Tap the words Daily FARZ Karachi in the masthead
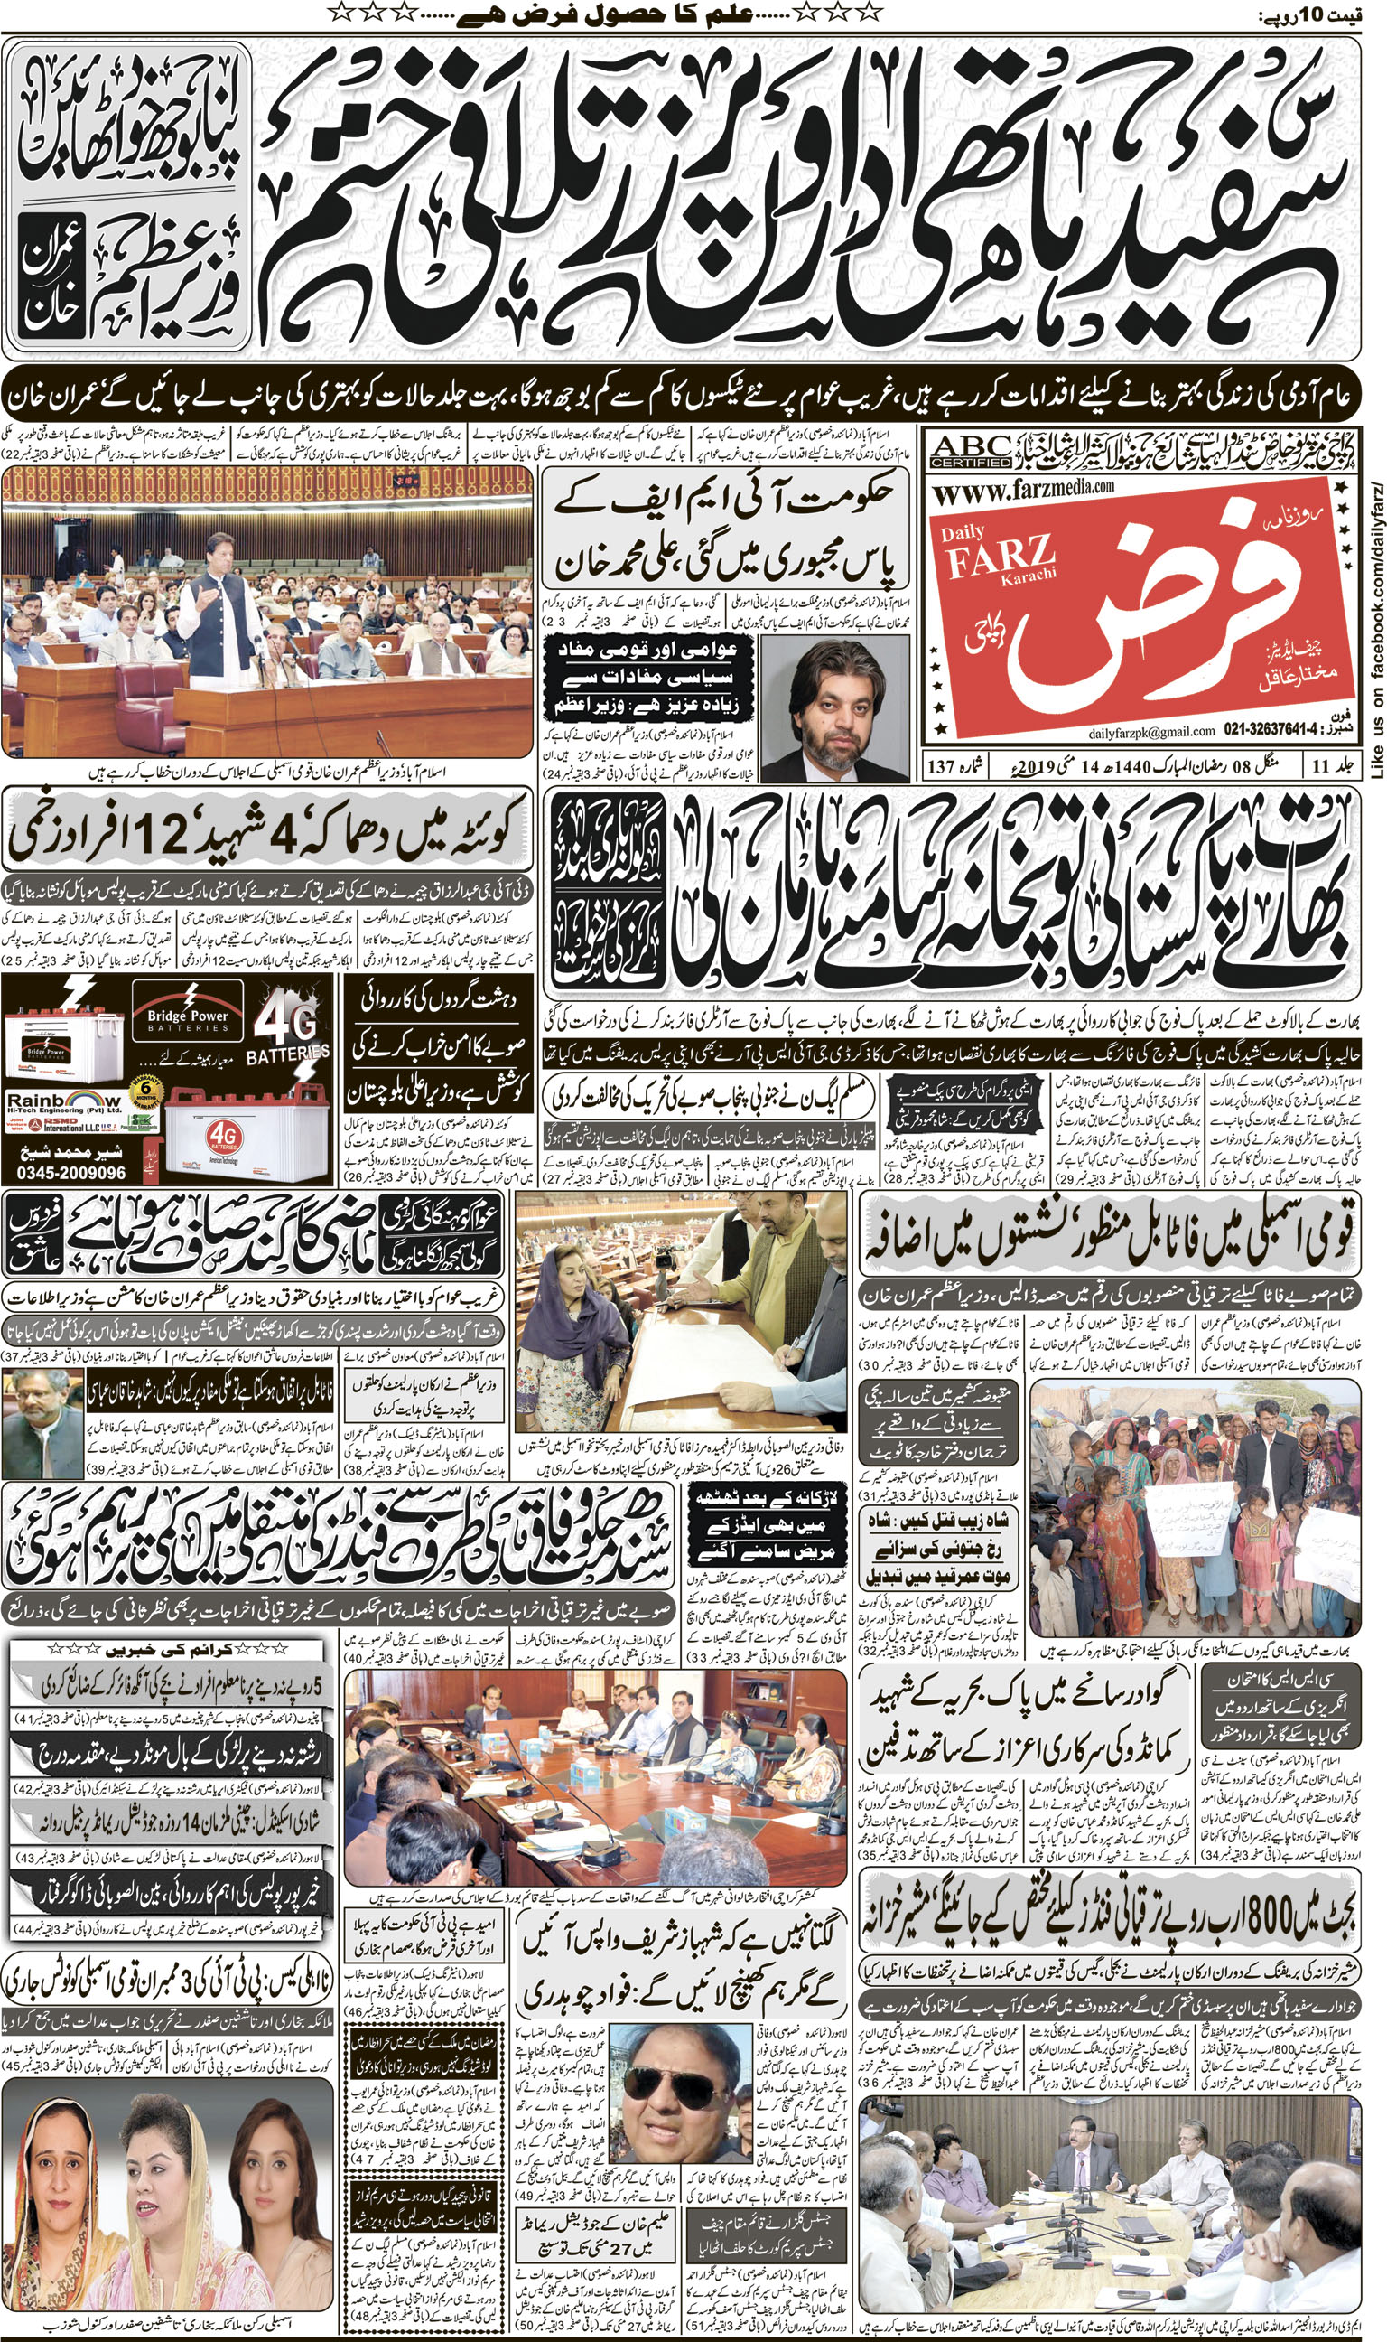coord(999,555)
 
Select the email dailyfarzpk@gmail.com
coord(1150,730)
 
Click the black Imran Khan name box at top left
coord(51,279)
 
